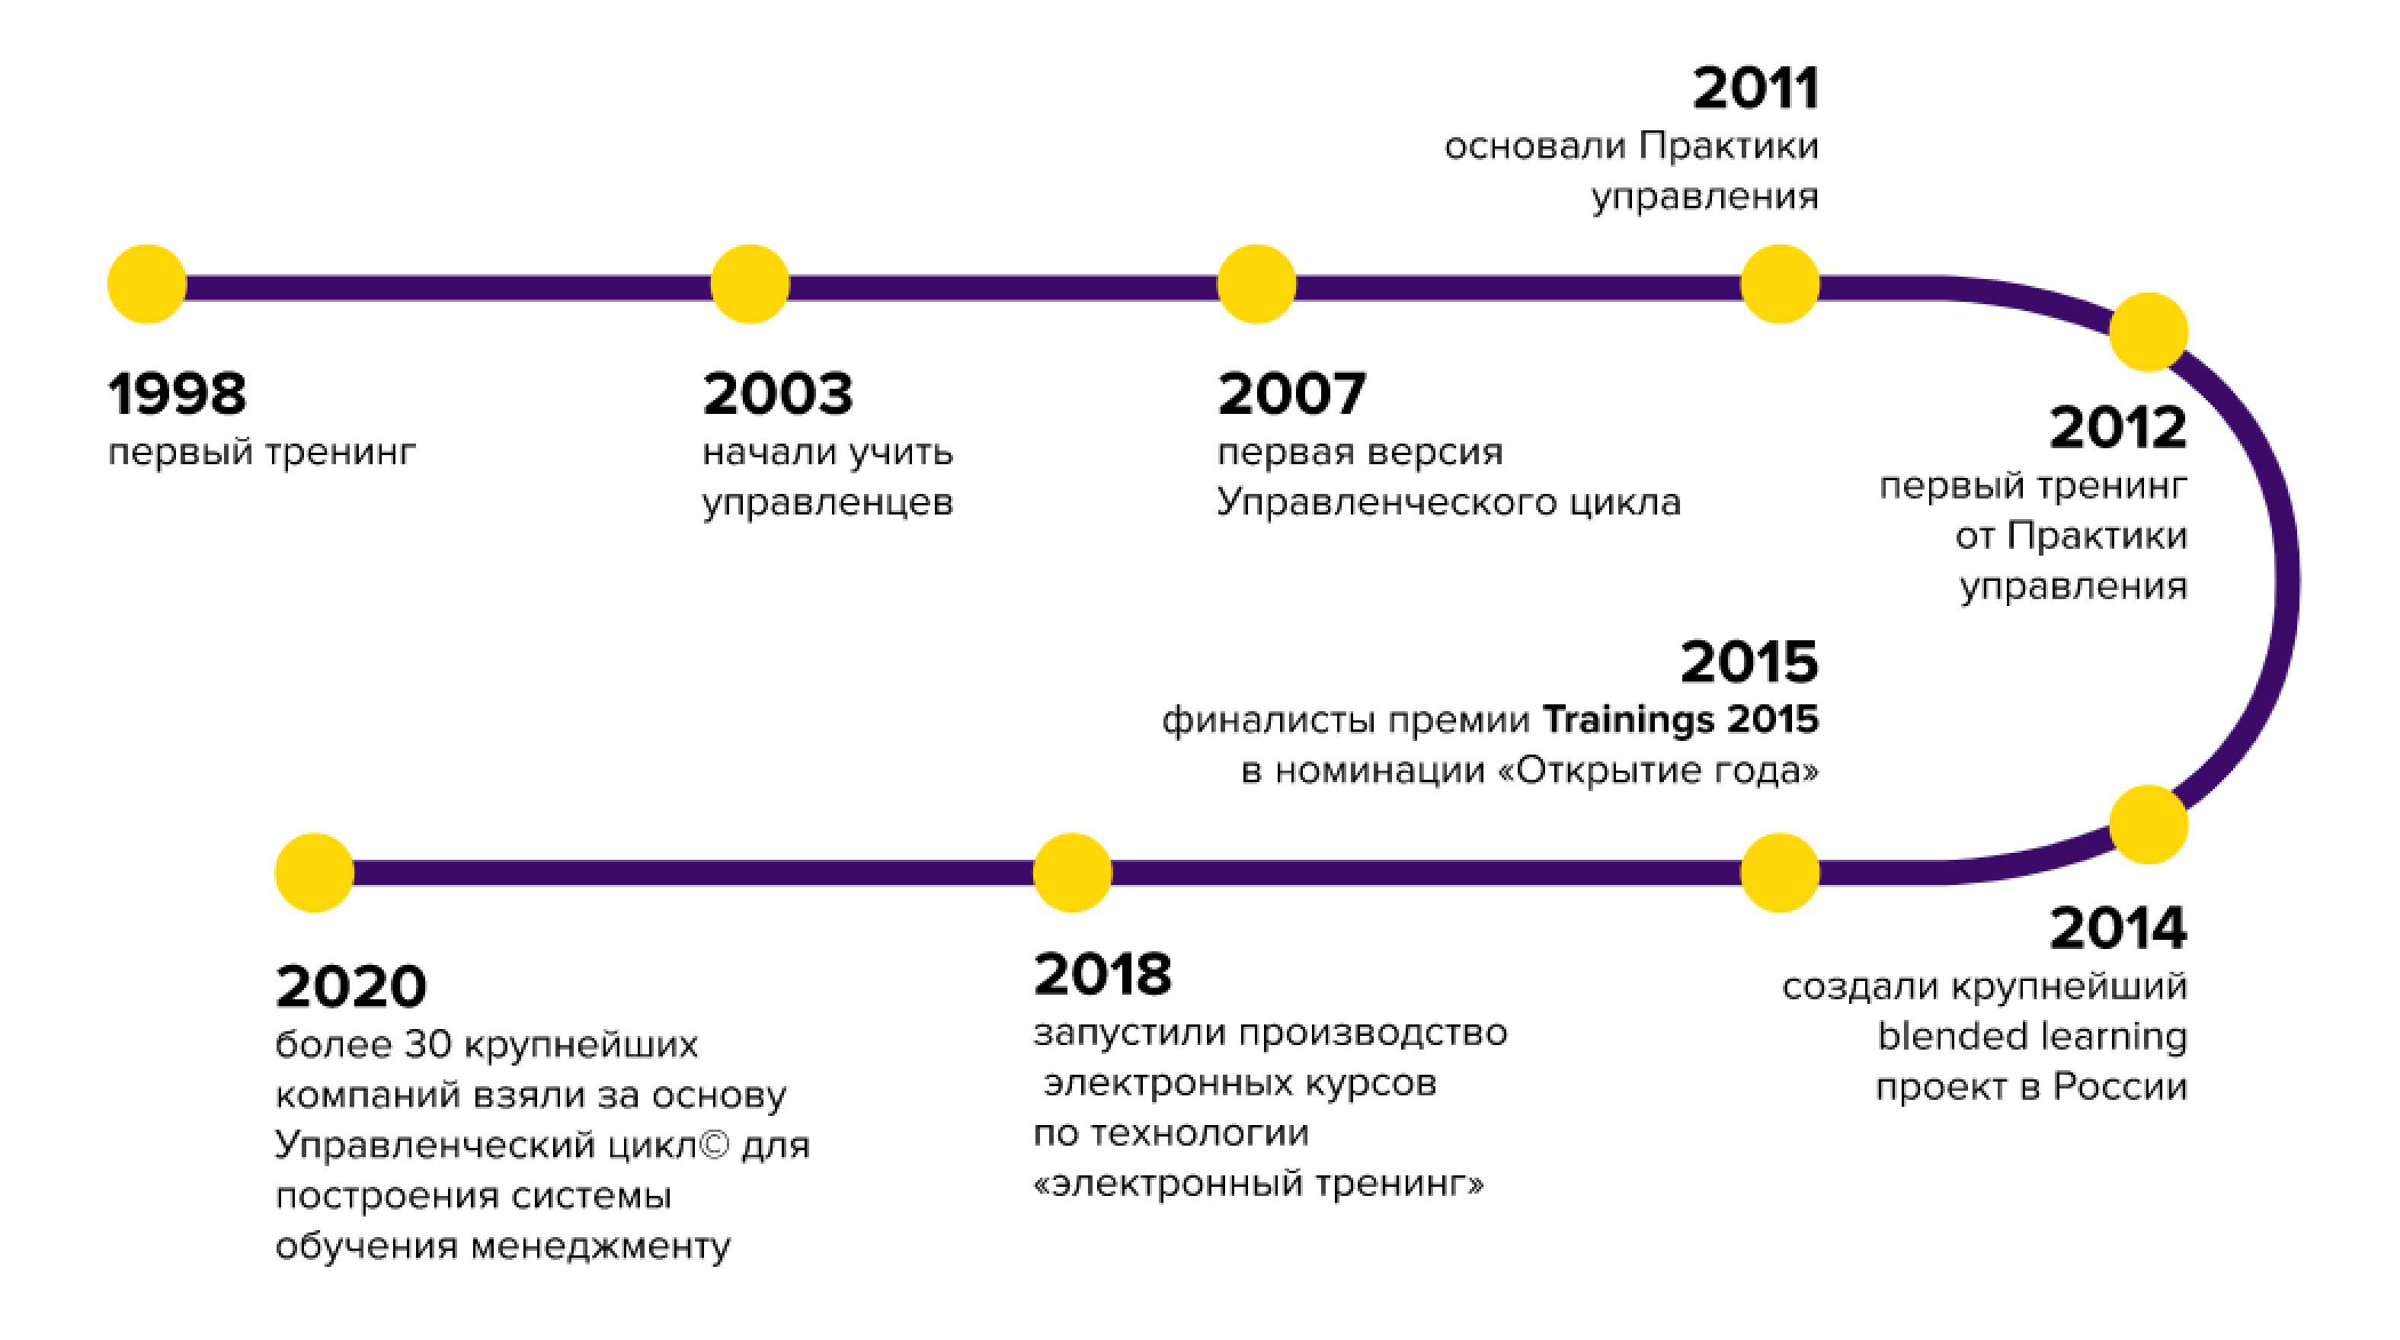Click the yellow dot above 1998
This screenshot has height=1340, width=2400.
147,284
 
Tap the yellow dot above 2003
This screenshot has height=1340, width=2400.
750,284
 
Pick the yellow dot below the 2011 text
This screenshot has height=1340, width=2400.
1780,284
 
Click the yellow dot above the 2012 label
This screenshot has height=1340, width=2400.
2149,332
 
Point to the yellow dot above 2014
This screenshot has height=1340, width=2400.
2149,825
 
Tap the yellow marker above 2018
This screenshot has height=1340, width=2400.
1072,872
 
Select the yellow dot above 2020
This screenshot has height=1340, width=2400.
315,872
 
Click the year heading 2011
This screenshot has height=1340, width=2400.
1755,88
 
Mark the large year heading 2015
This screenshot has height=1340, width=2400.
1749,662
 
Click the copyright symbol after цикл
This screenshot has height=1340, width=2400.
714,1144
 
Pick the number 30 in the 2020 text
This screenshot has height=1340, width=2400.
427,1044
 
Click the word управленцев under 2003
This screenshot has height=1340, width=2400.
827,503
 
